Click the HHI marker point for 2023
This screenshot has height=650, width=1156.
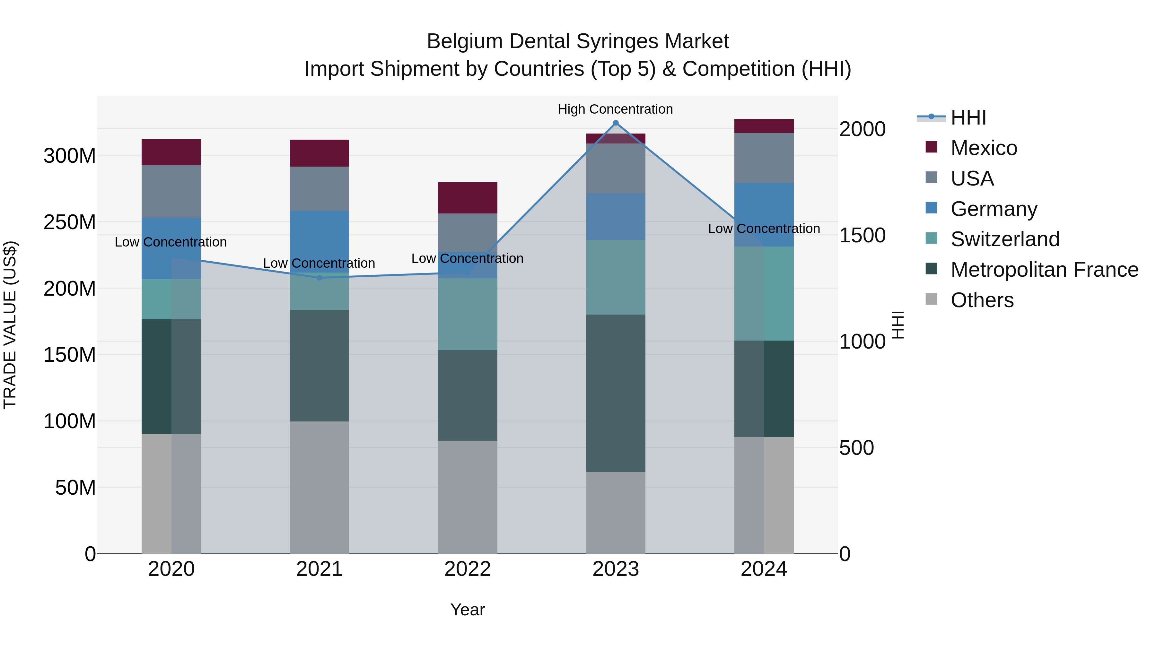pyautogui.click(x=616, y=123)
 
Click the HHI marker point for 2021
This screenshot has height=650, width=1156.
pyautogui.click(x=320, y=278)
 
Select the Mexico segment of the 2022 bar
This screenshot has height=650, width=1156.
pyautogui.click(x=468, y=198)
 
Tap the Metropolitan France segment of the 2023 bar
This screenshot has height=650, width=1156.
pyautogui.click(x=616, y=393)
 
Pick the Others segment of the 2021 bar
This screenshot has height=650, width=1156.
pyautogui.click(x=320, y=487)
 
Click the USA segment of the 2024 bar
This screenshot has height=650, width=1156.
pyautogui.click(x=764, y=158)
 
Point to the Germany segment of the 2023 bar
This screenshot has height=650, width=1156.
pyautogui.click(x=616, y=217)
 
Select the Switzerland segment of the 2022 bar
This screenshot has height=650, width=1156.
pyautogui.click(x=468, y=314)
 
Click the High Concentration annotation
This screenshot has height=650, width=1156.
pyautogui.click(x=615, y=109)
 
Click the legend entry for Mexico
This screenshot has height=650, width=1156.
pyautogui.click(x=983, y=148)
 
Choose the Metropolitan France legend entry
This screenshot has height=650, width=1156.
pyautogui.click(x=1044, y=270)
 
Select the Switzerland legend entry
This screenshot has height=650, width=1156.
pyautogui.click(x=1005, y=239)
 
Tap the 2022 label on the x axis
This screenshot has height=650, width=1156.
pyautogui.click(x=468, y=569)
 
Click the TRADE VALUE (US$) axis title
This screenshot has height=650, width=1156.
pyautogui.click(x=10, y=325)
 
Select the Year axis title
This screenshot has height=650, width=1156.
pyautogui.click(x=468, y=610)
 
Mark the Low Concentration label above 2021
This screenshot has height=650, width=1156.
pyautogui.click(x=319, y=263)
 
